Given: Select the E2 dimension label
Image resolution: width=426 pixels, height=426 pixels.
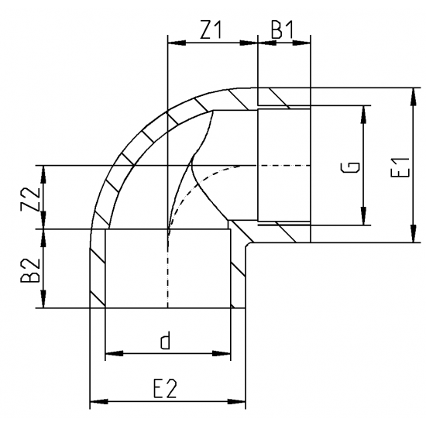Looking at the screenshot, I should coord(164,390).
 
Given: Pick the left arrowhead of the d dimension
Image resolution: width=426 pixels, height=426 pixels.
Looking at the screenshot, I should coord(111,354).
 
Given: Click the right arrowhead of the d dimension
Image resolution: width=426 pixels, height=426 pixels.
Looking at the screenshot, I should coord(225,354).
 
